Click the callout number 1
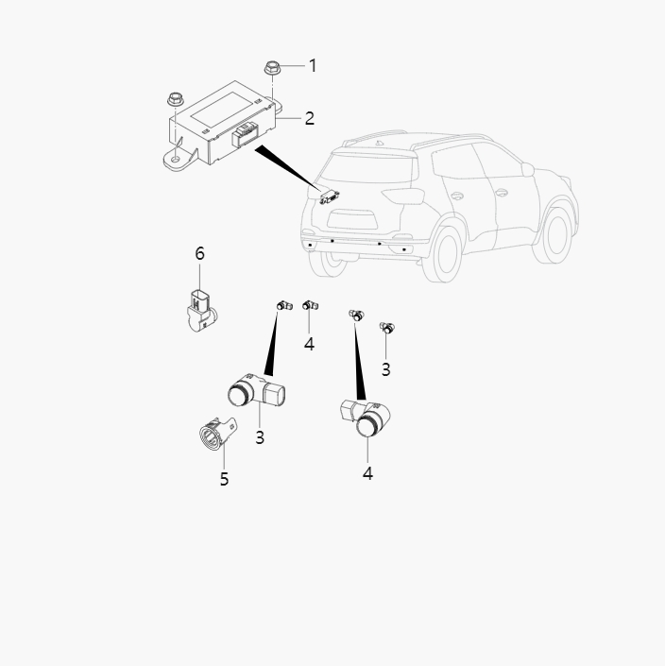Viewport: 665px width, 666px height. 313,65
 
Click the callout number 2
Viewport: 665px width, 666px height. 309,118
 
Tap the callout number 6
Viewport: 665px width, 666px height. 199,253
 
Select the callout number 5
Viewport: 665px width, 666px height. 224,479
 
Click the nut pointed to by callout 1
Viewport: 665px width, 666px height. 273,68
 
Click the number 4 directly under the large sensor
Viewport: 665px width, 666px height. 367,473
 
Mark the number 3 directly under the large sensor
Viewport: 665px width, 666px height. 260,437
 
